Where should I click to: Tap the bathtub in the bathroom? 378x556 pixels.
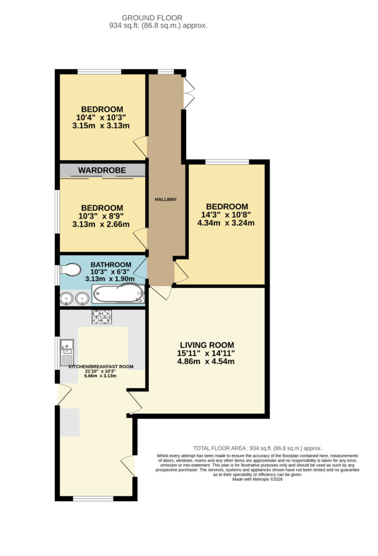pyautogui.click(x=118, y=294)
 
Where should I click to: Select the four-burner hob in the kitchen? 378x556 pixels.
pyautogui.click(x=102, y=317)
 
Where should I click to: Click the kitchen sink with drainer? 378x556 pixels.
pyautogui.click(x=67, y=352)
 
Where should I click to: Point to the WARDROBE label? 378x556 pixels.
pyautogui.click(x=102, y=170)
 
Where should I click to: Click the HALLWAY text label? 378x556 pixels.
pyautogui.click(x=166, y=199)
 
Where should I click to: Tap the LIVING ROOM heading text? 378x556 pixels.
pyautogui.click(x=207, y=345)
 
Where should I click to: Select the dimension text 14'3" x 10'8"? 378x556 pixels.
pyautogui.click(x=226, y=215)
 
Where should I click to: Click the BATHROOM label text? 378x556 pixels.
pyautogui.click(x=111, y=264)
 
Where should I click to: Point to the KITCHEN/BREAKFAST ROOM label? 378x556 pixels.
pyautogui.click(x=101, y=367)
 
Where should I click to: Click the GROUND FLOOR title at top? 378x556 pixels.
pyautogui.click(x=152, y=18)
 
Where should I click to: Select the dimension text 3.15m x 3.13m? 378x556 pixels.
pyautogui.click(x=101, y=125)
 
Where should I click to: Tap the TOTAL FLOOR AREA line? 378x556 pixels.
pyautogui.click(x=257, y=448)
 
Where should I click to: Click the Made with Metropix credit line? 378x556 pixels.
pyautogui.click(x=257, y=479)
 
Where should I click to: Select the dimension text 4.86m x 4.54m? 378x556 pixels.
pyautogui.click(x=206, y=362)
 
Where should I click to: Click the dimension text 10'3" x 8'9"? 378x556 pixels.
pyautogui.click(x=101, y=216)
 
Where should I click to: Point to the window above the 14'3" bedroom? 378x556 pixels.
pyautogui.click(x=228, y=162)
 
